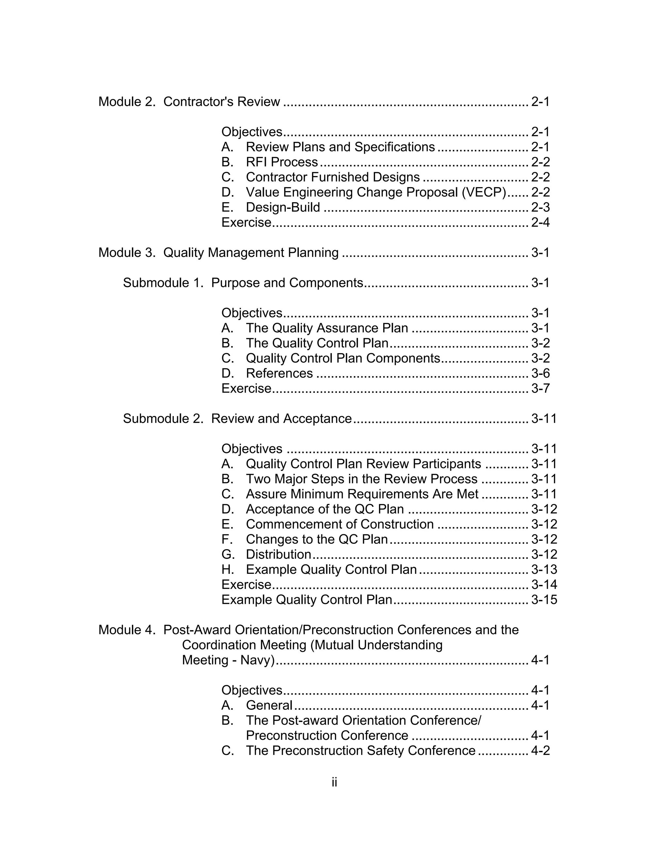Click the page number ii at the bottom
pyautogui.click(x=334, y=782)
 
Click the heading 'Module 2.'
pyautogui.click(x=127, y=102)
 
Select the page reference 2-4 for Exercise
pyautogui.click(x=540, y=223)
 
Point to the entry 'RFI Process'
pyautogui.click(x=282, y=162)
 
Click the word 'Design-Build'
pyautogui.click(x=283, y=208)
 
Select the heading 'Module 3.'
pyautogui.click(x=127, y=253)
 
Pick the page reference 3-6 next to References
pyautogui.click(x=540, y=373)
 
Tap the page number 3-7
pyautogui.click(x=540, y=388)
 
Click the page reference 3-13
pyautogui.click(x=544, y=569)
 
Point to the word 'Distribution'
pyautogui.click(x=278, y=554)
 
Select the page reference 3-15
pyautogui.click(x=544, y=600)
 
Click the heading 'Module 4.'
pyautogui.click(x=127, y=630)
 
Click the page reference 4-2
pyautogui.click(x=540, y=751)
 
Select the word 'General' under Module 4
pyautogui.click(x=269, y=706)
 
